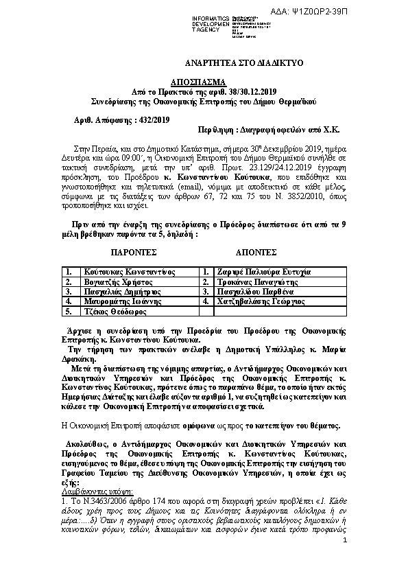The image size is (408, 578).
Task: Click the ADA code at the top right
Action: [x=369, y=12]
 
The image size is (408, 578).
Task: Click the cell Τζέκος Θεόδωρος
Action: [x=109, y=310]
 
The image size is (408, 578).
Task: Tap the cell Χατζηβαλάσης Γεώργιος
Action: [x=266, y=301]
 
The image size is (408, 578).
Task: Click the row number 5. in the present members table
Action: [x=69, y=310]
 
